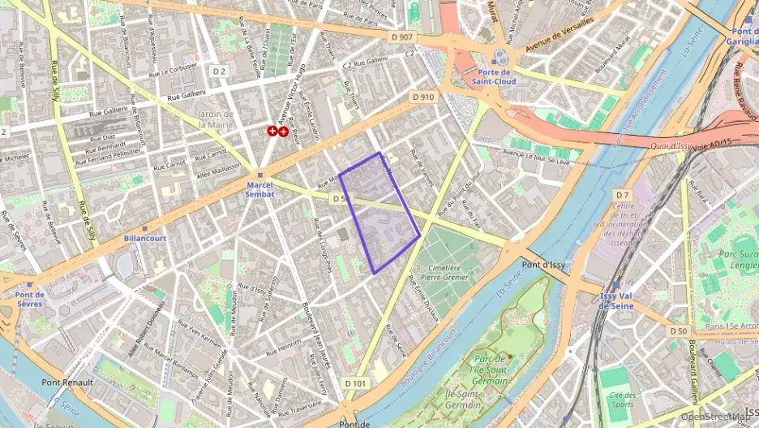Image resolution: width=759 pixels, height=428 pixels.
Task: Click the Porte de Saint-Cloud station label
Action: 495,76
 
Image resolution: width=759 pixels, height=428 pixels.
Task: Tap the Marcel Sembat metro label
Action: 259,188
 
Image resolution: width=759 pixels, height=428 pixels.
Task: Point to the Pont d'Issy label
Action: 542,265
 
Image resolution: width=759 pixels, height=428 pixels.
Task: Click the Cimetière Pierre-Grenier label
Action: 444,272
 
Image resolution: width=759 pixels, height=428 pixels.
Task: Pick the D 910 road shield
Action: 422,97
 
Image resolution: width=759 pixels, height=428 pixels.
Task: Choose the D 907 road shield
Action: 401,37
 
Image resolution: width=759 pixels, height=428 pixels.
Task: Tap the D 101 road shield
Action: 355,383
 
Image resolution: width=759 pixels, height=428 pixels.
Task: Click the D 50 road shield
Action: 679,331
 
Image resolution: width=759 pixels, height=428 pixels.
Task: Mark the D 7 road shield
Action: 622,195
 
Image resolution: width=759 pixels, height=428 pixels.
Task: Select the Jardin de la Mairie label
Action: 215,119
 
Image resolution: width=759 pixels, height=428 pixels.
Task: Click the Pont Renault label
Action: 67,382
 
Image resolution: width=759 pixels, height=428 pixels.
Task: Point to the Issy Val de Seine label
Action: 615,300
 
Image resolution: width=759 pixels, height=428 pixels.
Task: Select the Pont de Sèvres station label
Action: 29,299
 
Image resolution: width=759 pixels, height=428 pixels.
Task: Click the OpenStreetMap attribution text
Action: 714,417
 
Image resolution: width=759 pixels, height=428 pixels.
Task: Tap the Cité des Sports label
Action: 623,399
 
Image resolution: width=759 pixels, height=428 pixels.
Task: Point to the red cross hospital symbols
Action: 278,131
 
